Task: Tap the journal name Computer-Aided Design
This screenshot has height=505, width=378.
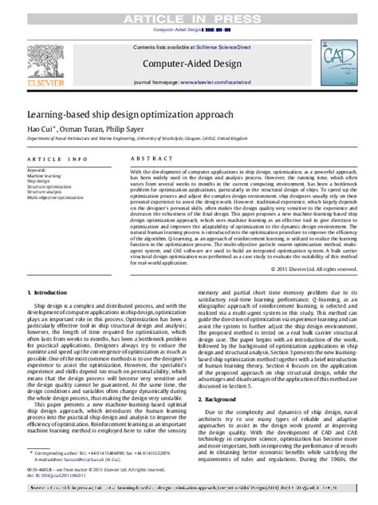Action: point(189,62)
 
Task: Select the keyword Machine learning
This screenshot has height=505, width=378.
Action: point(44,175)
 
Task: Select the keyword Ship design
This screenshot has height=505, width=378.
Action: point(38,181)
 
